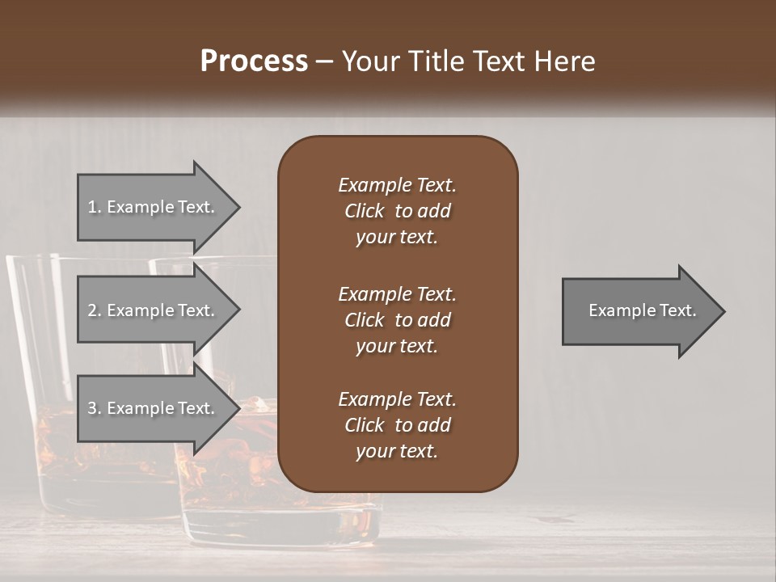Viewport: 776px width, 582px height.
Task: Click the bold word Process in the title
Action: click(254, 61)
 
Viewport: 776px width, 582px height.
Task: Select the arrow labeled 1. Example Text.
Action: click(154, 207)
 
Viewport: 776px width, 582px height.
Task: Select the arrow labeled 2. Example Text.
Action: click(154, 310)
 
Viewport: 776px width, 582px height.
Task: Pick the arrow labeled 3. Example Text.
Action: click(154, 408)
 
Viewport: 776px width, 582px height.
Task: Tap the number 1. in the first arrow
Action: click(95, 207)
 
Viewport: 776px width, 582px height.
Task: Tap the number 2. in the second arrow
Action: click(95, 310)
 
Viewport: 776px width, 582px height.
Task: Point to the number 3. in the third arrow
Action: click(95, 408)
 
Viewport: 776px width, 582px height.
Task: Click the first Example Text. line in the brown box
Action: click(397, 185)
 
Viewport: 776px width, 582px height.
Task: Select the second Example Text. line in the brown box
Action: click(397, 293)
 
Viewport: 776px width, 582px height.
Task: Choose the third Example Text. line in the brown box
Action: click(397, 399)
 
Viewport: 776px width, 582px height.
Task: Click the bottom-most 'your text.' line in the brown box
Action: click(397, 451)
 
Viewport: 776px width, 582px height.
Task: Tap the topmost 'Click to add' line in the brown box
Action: click(397, 211)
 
